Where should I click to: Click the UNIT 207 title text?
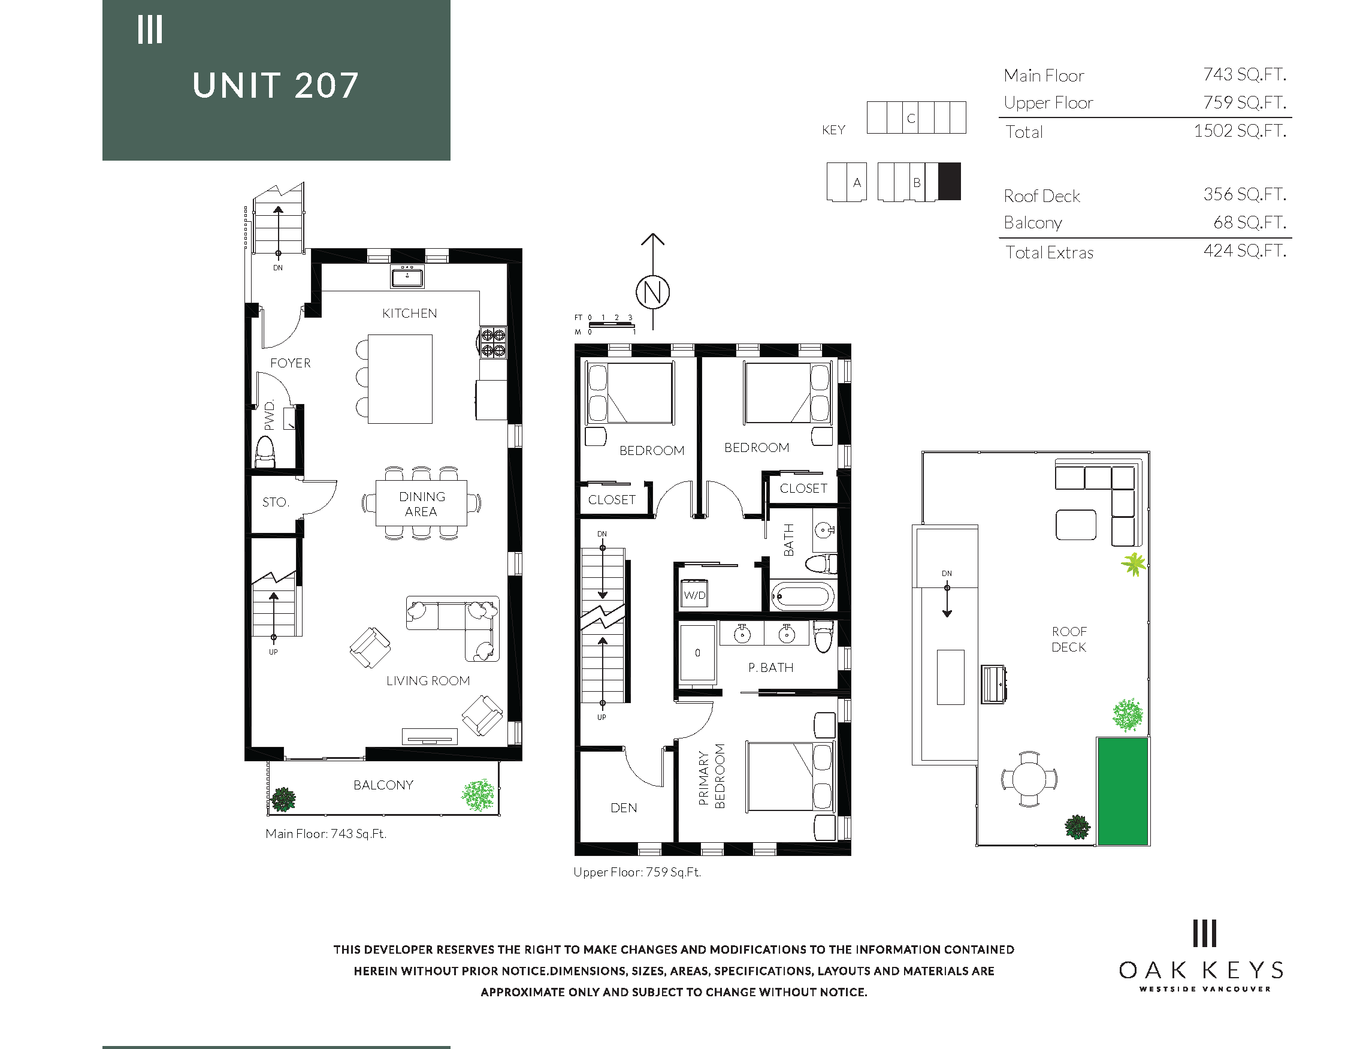(x=275, y=85)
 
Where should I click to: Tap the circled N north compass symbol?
(x=652, y=292)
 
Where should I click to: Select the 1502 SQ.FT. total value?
(x=1240, y=131)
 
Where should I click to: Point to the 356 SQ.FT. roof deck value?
(x=1244, y=194)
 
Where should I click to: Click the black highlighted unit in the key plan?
(x=949, y=182)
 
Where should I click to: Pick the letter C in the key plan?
(x=911, y=119)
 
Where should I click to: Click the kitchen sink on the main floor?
(x=407, y=276)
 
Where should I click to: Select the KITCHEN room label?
(x=409, y=314)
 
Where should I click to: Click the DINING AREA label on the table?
(x=422, y=504)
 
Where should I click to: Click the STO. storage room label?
(x=275, y=502)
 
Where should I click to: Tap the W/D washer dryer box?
(x=694, y=594)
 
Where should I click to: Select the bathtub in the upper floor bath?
(x=802, y=596)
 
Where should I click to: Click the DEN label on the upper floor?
(x=624, y=807)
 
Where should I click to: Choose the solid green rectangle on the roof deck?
(x=1122, y=791)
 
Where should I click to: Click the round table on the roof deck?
(x=1029, y=779)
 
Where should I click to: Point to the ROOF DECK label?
(x=1069, y=639)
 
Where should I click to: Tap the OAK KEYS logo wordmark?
(x=1202, y=970)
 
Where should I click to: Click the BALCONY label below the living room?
(x=383, y=785)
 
